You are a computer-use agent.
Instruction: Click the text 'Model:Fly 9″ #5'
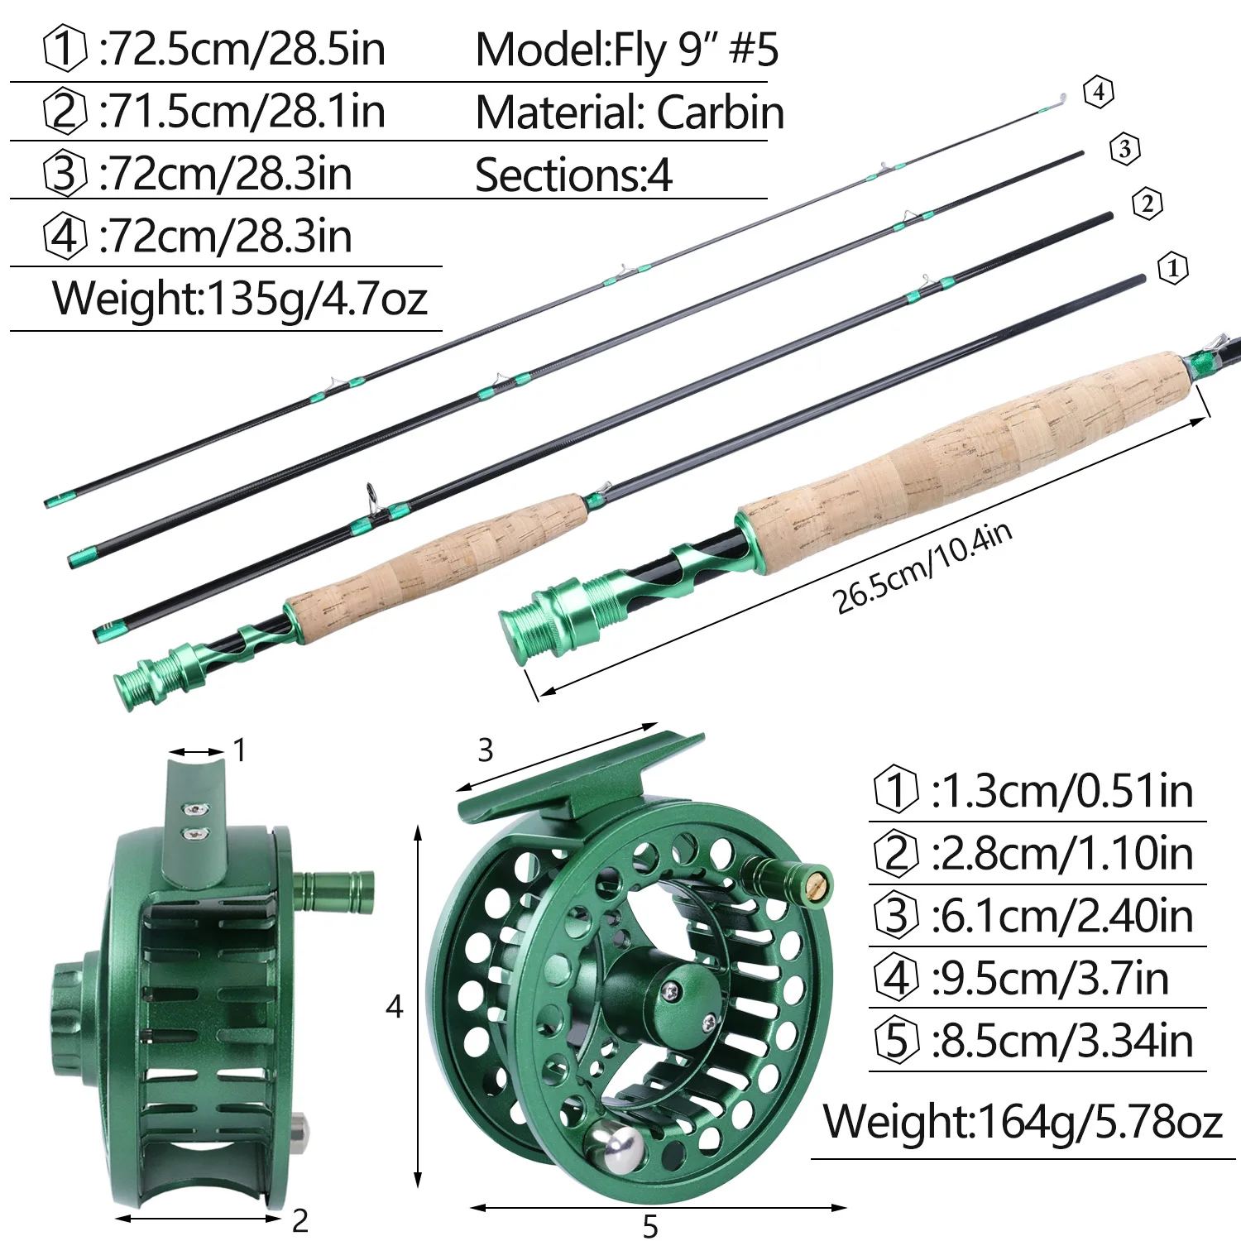626,50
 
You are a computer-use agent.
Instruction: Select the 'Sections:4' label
573,175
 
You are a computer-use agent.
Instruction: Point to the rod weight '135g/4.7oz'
317,299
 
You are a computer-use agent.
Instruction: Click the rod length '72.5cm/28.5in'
242,50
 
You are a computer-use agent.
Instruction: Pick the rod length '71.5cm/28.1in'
242,112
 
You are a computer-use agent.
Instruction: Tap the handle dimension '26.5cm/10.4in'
922,569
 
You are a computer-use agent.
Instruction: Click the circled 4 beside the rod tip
1099,91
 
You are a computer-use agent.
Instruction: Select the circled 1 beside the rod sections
1172,268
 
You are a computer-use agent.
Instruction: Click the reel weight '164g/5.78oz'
1099,1123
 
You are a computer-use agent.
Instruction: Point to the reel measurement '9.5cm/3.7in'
1050,979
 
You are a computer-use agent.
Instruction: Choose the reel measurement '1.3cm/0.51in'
1062,792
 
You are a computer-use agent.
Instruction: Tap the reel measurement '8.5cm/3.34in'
1062,1042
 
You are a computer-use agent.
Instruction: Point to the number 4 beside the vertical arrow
395,1007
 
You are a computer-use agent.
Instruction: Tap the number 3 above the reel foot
486,750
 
